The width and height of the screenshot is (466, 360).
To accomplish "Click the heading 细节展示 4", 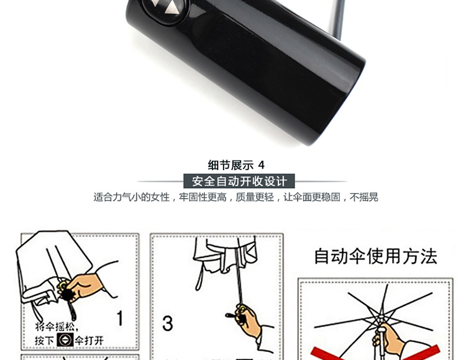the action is [236, 165].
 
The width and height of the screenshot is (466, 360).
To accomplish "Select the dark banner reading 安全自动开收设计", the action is [239, 181].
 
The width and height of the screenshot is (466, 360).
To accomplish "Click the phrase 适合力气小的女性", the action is [132, 197].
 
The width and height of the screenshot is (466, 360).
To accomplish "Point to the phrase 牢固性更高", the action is [203, 197].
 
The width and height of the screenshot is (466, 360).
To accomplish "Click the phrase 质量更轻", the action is [255, 197].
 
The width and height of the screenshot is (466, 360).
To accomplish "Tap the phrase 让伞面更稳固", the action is [312, 197].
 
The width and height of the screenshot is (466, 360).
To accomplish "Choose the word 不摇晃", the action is [364, 197].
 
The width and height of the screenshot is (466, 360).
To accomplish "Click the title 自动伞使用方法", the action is [376, 256].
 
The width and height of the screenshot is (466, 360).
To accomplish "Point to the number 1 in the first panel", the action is [120, 318].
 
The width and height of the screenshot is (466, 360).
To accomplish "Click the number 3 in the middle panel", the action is [168, 323].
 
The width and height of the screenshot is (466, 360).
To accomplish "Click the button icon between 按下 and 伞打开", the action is [65, 340].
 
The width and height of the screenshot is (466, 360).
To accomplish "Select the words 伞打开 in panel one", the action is [89, 340].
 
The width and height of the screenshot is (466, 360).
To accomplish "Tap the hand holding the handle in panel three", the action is [250, 321].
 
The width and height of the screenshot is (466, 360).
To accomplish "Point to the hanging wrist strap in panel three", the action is [199, 276].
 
